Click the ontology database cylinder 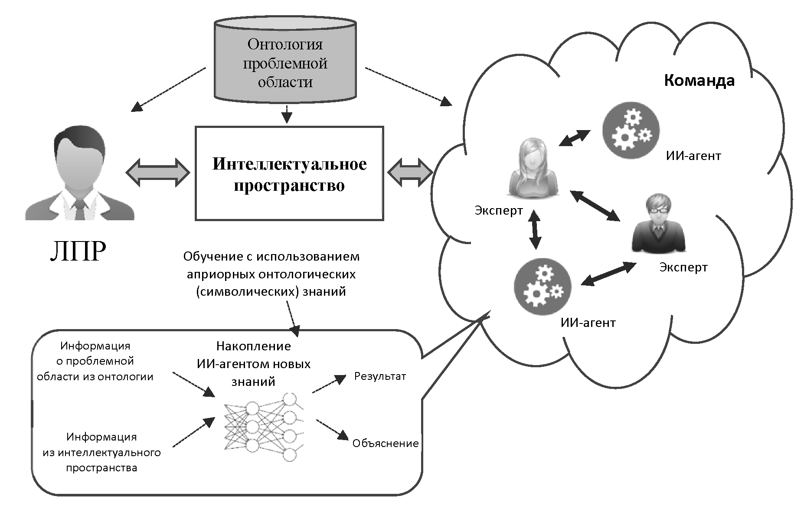point(285,61)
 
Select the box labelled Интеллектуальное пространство point(289,173)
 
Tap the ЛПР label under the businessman point(78,251)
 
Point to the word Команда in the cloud point(699,81)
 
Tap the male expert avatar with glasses point(658,223)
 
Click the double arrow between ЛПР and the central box point(157,173)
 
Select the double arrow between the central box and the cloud point(409,173)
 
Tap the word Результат point(380,376)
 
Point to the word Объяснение point(385,444)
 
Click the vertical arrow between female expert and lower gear point(535,230)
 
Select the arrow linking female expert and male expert point(595,206)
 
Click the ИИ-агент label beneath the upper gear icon point(693,156)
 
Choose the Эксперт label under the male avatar point(683,268)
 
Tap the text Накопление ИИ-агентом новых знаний point(254,363)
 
